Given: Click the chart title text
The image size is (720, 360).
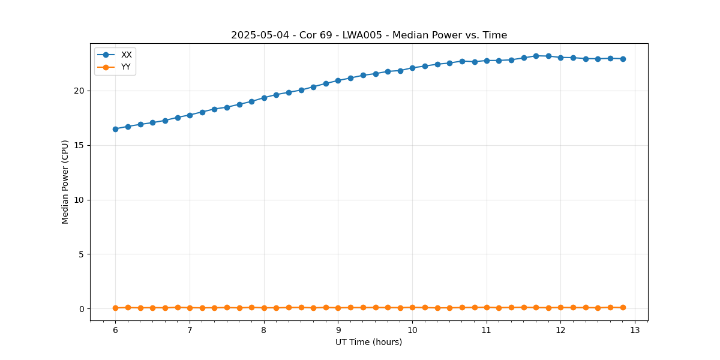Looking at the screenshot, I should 369,35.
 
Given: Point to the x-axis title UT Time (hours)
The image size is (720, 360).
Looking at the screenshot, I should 369,342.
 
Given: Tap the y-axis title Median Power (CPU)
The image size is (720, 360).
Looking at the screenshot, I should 65,182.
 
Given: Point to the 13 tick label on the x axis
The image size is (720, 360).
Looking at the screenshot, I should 635,330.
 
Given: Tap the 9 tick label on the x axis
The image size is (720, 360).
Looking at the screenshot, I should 338,330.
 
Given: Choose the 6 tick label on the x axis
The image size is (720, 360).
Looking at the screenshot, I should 115,330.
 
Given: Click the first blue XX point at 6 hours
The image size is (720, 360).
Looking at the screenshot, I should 115,129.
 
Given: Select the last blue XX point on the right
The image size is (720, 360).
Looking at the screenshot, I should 623,59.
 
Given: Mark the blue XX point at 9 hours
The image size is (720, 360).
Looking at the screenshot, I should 338,80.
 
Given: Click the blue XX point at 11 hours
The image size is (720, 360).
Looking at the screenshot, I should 487,61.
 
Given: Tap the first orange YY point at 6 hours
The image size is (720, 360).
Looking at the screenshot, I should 115,308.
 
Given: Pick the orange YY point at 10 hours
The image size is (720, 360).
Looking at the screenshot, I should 412,307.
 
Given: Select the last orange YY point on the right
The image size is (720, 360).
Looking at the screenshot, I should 623,307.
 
